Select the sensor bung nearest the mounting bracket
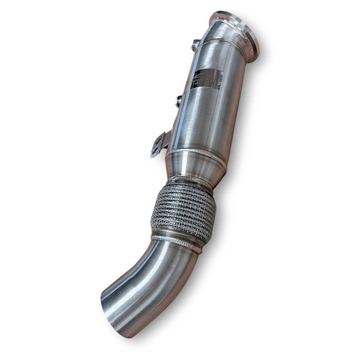[x=178, y=101]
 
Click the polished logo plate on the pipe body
[x=207, y=79]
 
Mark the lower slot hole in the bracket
[x=155, y=150]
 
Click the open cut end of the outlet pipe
[x=112, y=313]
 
